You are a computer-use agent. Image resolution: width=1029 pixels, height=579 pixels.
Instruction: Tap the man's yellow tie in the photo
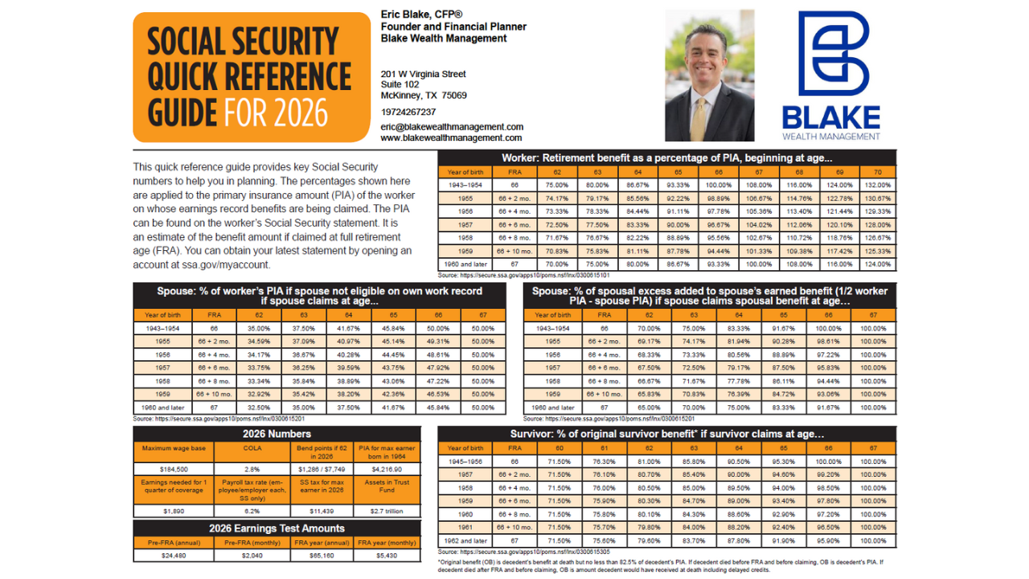[699, 120]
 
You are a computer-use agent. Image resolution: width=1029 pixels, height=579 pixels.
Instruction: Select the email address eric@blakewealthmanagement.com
[452, 127]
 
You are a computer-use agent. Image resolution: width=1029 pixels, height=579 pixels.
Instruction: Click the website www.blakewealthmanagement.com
[452, 138]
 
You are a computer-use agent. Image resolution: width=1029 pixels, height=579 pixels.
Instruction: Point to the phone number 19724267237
[408, 112]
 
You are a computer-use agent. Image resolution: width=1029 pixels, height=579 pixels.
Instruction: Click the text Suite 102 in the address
[400, 84]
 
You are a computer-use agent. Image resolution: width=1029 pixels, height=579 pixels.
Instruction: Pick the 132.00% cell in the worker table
[878, 185]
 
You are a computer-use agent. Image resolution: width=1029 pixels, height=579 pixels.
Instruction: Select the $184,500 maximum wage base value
[174, 469]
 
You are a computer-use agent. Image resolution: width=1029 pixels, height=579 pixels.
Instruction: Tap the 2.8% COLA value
[252, 469]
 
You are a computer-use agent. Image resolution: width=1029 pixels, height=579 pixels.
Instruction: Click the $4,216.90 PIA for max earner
[387, 469]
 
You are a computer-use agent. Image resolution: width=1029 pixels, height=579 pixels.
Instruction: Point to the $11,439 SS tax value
[321, 511]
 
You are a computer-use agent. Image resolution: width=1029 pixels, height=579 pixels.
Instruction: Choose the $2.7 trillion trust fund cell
[387, 511]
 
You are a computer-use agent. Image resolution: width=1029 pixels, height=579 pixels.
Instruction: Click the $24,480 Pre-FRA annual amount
[174, 555]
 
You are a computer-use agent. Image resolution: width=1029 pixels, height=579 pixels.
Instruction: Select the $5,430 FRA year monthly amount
[387, 555]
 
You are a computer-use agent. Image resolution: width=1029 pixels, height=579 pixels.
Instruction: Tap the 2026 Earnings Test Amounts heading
[277, 528]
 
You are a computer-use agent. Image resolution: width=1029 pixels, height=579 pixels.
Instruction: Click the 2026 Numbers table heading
[277, 434]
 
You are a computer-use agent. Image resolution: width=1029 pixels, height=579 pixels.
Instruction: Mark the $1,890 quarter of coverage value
[174, 511]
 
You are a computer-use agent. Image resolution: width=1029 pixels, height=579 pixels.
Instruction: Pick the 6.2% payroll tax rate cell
[252, 511]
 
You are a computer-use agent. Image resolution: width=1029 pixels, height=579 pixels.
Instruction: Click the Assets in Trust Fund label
[387, 486]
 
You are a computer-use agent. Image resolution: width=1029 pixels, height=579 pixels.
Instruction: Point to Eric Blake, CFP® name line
[421, 14]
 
